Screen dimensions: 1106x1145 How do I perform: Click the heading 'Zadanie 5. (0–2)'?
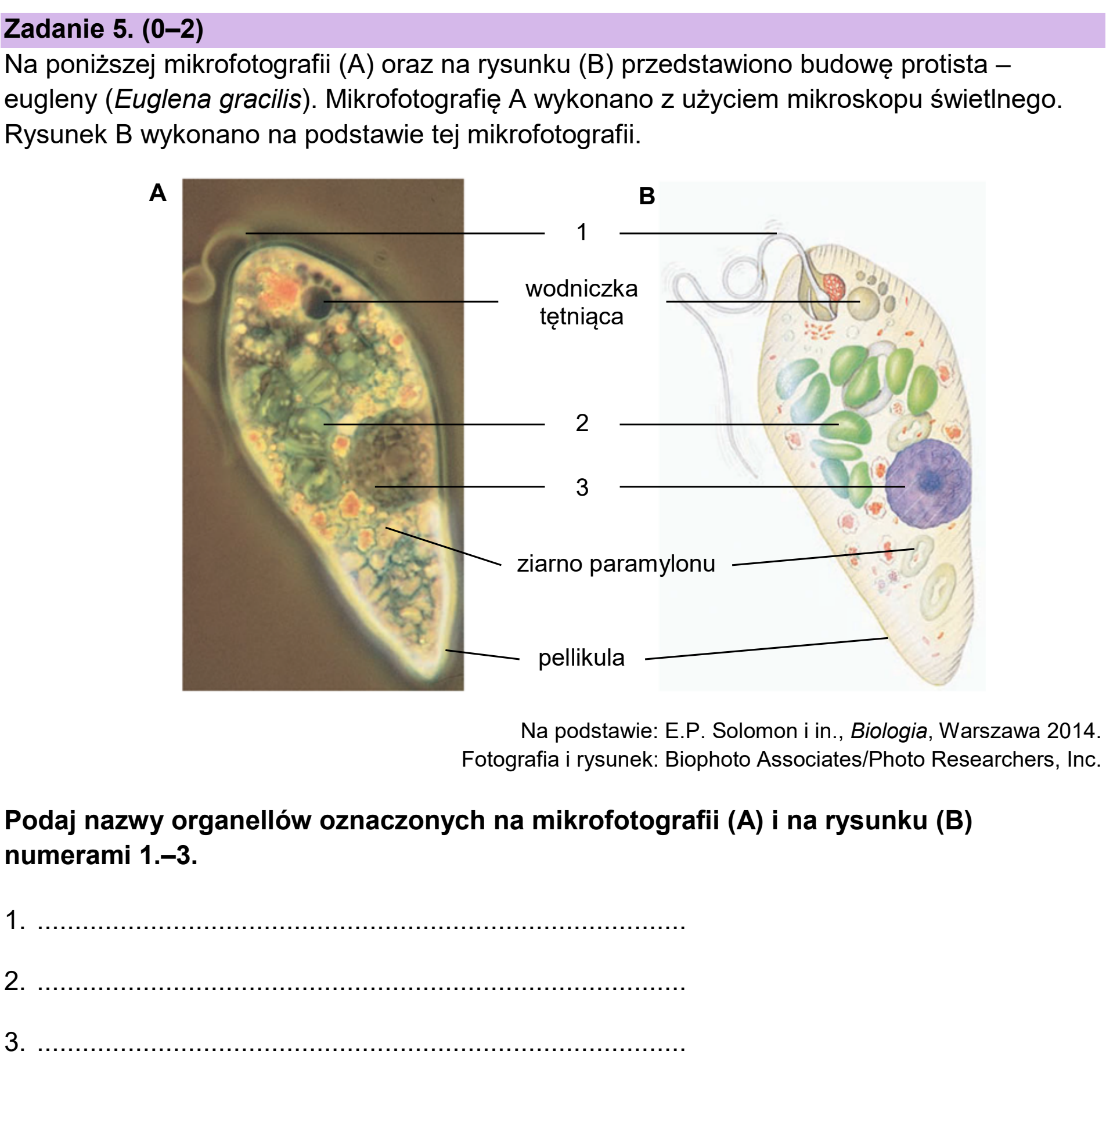coord(103,29)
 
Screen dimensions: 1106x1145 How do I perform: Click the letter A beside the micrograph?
coord(158,192)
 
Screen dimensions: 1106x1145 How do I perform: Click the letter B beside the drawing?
coord(647,196)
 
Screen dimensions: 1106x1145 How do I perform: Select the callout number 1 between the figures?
coord(582,233)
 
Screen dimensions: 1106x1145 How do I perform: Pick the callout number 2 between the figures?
coord(582,423)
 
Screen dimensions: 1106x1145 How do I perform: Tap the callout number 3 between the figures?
coord(582,487)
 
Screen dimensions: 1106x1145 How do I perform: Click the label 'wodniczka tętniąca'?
coord(582,302)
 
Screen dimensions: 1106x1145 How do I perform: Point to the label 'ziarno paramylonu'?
coord(616,564)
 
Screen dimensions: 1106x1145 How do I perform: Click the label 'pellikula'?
coord(581,658)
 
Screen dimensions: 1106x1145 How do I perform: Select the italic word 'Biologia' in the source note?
coord(888,731)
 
